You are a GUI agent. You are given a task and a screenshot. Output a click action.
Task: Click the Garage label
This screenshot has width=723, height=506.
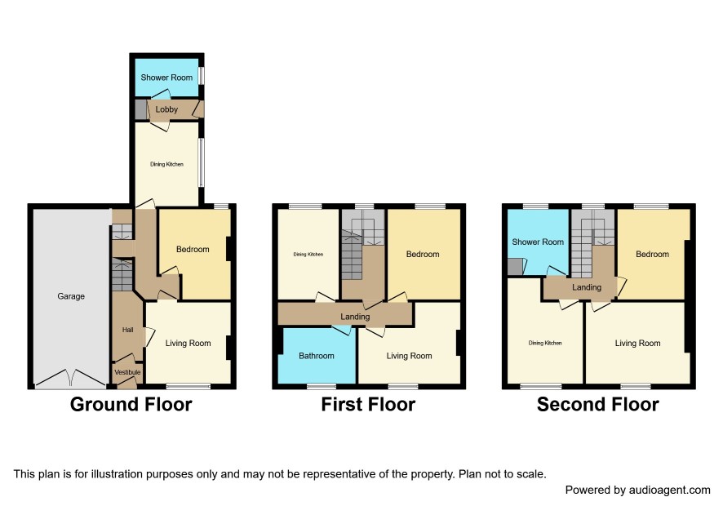point(71,296)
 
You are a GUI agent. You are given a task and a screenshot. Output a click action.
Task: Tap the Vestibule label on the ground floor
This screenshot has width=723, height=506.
point(128,372)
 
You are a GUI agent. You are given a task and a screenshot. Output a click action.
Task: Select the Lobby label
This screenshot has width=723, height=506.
point(166,109)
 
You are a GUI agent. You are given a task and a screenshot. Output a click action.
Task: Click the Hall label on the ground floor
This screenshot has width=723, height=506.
point(128,330)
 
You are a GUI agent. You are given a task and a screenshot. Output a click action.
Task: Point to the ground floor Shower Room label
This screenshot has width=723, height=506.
point(166,78)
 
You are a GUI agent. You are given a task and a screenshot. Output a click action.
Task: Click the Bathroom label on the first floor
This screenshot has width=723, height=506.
point(317,356)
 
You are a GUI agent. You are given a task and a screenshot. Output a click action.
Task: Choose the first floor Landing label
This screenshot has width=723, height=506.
point(355,317)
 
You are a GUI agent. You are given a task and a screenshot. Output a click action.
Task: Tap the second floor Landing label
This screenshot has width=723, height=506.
point(587,287)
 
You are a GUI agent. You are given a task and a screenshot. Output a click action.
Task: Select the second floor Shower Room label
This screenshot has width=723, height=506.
point(538,242)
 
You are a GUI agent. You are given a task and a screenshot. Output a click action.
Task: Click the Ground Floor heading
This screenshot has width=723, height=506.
point(131,405)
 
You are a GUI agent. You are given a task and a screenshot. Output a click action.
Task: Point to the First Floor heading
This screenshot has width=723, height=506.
point(368,405)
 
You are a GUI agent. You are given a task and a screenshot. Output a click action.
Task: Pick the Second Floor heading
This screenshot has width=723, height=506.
point(598,405)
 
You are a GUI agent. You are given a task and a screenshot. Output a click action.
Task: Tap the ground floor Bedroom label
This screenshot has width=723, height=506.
point(193,249)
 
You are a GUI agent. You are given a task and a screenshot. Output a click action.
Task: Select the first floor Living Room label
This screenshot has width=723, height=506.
point(409,356)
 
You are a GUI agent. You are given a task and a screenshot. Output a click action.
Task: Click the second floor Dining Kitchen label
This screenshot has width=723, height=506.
point(545,343)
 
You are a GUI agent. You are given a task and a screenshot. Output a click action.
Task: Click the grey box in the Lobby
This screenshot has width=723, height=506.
point(140,109)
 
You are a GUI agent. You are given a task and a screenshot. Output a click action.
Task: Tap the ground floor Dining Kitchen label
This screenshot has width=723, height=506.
point(167,164)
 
